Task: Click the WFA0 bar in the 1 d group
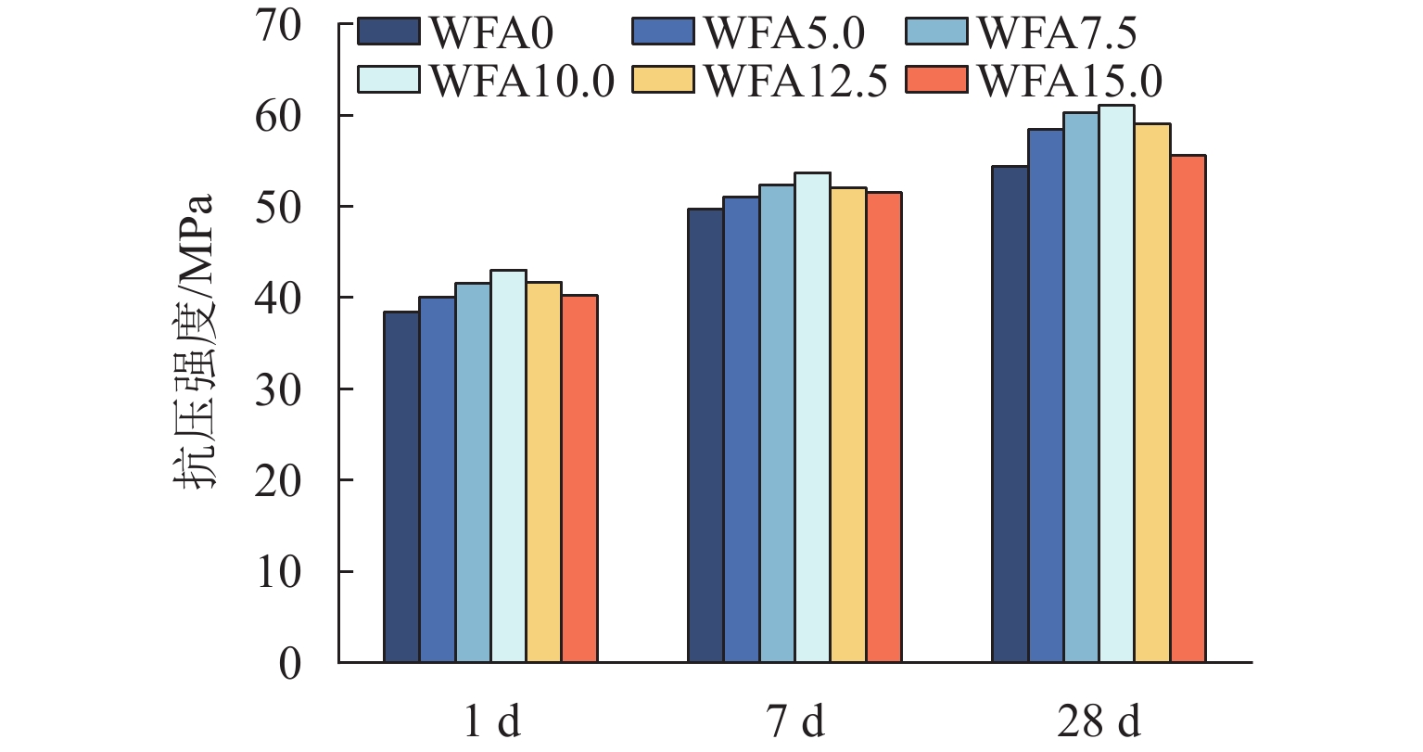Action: click(x=401, y=487)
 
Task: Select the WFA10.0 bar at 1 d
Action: click(x=508, y=466)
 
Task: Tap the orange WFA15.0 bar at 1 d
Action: click(x=579, y=478)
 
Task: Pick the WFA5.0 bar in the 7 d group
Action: click(x=741, y=429)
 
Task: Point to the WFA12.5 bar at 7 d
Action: click(x=848, y=425)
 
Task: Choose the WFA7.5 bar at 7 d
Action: click(x=777, y=424)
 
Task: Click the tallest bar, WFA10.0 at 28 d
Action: click(x=1116, y=384)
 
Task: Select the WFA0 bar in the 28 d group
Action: click(x=1010, y=414)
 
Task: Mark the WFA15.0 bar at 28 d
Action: click(x=1188, y=409)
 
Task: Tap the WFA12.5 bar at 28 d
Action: click(x=1152, y=393)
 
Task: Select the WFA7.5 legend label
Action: click(x=1058, y=33)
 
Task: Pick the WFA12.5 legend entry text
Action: click(x=796, y=81)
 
